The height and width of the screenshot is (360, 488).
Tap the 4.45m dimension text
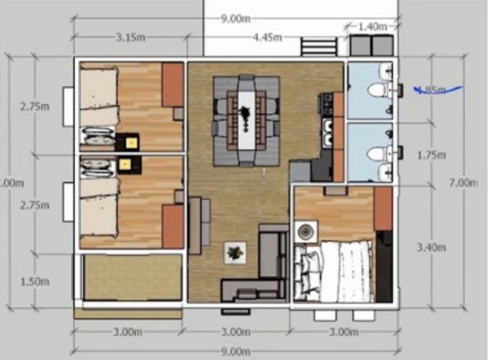(266, 37)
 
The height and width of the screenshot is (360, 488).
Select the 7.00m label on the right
(464, 183)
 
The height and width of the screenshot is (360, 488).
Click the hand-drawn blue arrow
(438, 91)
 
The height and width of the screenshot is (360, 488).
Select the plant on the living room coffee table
(235, 253)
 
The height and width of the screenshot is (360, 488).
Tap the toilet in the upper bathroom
(378, 91)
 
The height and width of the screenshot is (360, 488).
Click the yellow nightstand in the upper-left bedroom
(132, 141)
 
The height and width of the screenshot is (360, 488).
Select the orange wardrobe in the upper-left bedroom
(172, 85)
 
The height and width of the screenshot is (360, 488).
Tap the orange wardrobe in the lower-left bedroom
(172, 225)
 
